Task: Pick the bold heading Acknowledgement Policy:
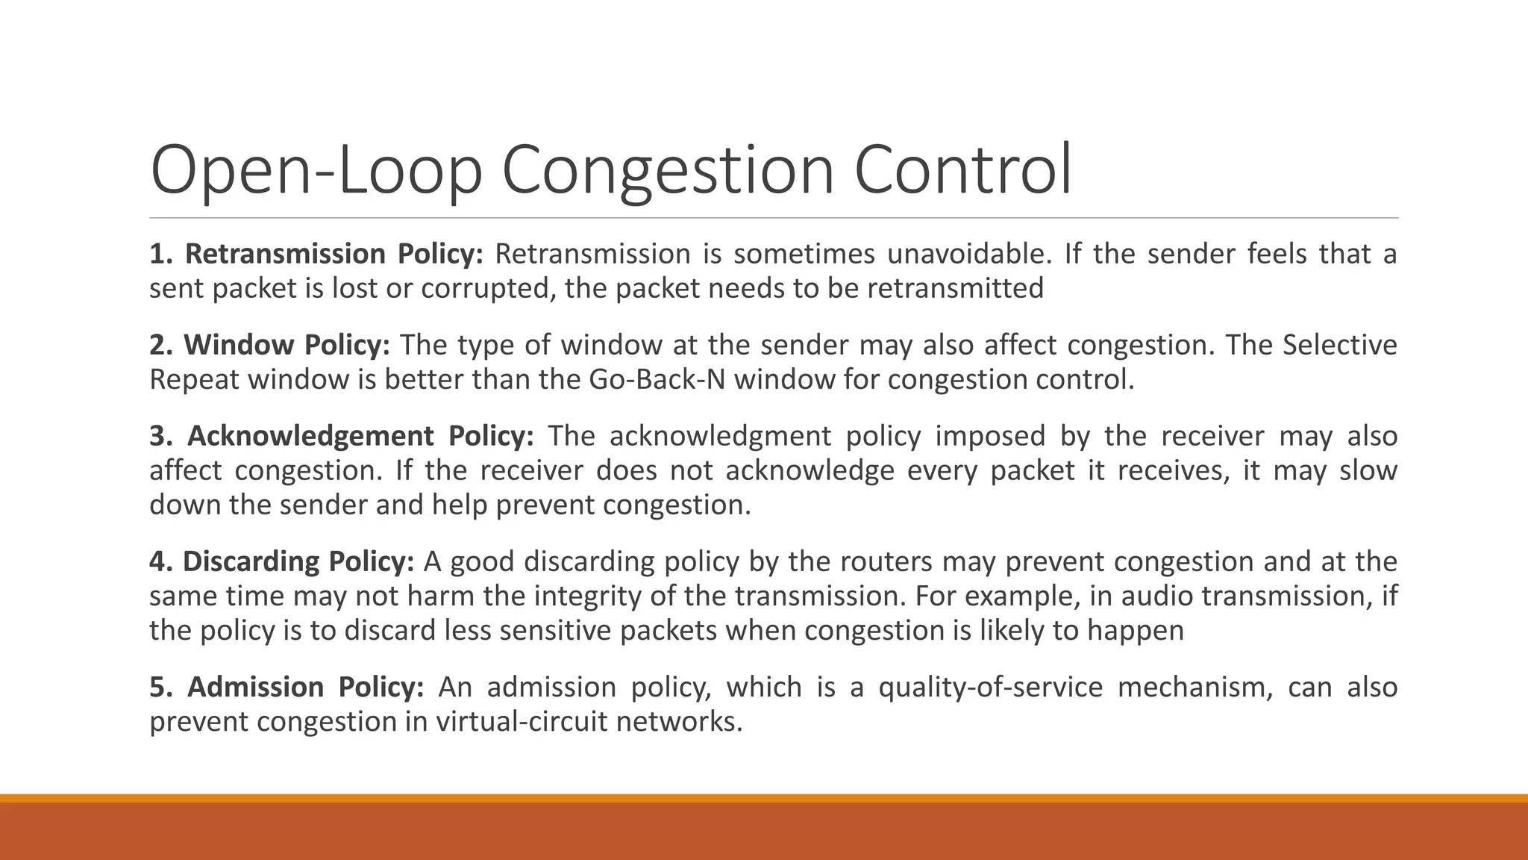(x=342, y=436)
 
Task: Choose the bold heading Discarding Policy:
(x=282, y=561)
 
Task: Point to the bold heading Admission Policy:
(x=287, y=687)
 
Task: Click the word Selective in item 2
(x=1339, y=346)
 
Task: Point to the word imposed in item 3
(x=998, y=436)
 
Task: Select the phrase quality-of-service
(x=990, y=687)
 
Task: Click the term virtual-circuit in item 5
(x=522, y=722)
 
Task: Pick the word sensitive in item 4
(x=554, y=631)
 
